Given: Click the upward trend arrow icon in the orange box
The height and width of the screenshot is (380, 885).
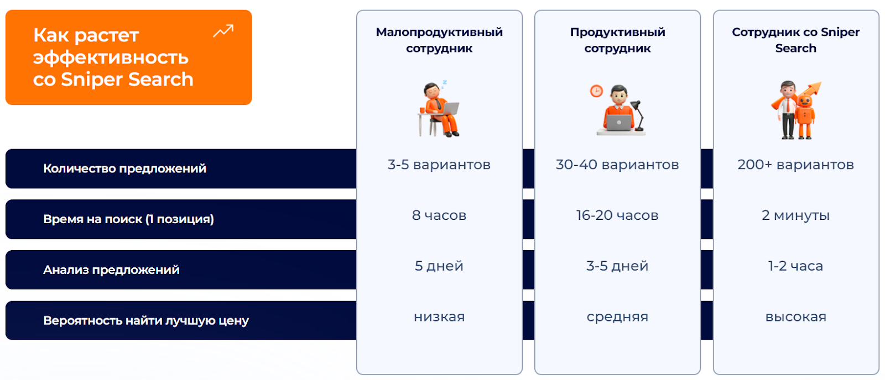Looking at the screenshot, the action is (223, 31).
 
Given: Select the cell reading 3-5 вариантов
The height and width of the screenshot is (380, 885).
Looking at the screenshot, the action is (439, 165).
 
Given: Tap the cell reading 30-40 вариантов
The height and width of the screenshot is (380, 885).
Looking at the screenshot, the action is (617, 165).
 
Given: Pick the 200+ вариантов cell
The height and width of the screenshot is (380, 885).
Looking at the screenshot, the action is (796, 165).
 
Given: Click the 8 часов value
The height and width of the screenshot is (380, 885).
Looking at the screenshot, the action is (439, 215).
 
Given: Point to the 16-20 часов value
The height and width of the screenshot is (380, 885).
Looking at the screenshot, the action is (617, 215).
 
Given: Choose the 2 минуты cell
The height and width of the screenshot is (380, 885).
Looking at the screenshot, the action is (796, 215).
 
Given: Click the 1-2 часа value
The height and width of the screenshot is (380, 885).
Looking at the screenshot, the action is (796, 266).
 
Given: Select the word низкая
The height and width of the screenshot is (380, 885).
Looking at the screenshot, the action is (439, 317).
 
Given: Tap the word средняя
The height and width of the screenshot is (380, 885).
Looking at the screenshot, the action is (617, 317).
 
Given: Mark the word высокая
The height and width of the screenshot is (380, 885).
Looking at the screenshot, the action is (796, 317).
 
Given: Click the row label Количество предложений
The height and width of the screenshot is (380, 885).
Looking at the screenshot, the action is (125, 168).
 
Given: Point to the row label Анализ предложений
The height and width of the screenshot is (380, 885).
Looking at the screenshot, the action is (111, 270).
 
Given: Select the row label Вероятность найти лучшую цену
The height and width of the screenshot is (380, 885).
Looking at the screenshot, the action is (146, 320).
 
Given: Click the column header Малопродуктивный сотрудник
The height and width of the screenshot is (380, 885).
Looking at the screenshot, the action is (439, 40).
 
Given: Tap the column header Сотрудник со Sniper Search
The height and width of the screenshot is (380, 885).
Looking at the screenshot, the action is (796, 40).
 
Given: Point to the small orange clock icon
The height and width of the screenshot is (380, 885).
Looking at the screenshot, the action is (597, 91).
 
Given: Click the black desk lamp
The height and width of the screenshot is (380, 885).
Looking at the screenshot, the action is (638, 115).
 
